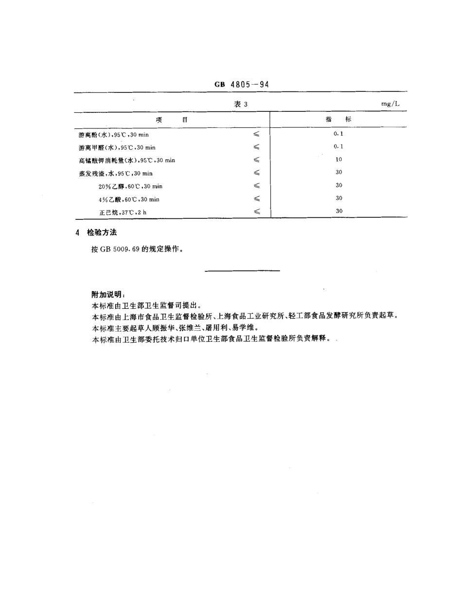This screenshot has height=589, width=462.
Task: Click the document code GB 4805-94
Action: pos(242,84)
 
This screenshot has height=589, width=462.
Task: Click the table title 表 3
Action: pos(241,104)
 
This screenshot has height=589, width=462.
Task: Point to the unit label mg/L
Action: pos(390,104)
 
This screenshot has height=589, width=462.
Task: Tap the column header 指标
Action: pos(338,119)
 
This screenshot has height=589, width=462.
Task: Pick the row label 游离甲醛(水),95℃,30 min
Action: pos(117,147)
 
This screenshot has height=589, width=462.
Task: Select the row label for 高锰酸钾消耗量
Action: pos(127,160)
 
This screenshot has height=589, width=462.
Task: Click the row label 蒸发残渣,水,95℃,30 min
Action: pos(116,173)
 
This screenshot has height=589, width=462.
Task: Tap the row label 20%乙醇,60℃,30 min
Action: pos(130,186)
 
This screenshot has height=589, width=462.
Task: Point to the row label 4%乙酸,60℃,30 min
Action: pos(129,199)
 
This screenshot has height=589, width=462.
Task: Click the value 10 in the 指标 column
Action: pos(338,159)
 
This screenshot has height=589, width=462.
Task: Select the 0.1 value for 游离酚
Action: pos(338,133)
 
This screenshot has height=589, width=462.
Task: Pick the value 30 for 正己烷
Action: pos(339,211)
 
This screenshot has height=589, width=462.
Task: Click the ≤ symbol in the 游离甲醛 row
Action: pos(256,147)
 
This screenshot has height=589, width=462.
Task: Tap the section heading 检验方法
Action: pos(102,233)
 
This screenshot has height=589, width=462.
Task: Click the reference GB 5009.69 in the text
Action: pos(121,249)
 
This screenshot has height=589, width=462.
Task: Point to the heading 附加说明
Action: pos(108,295)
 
